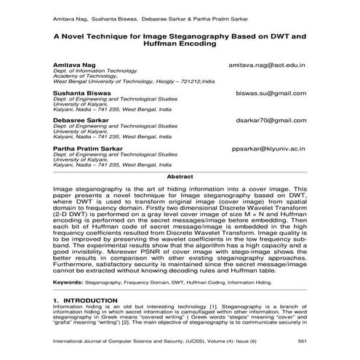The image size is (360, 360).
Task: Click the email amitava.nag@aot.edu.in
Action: click(x=267, y=64)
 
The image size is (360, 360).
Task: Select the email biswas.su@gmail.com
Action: click(x=271, y=93)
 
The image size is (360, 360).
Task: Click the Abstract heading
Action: click(x=180, y=177)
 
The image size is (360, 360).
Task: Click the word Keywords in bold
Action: click(x=68, y=280)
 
